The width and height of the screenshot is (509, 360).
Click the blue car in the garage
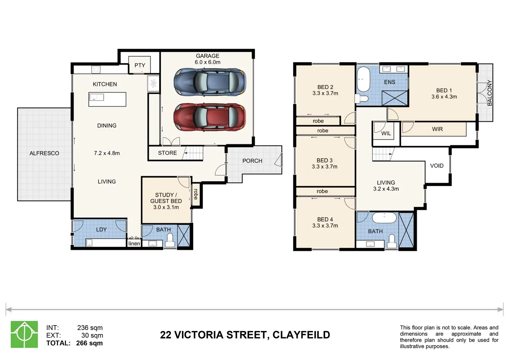[210, 82]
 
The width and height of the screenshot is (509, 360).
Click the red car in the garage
[210, 117]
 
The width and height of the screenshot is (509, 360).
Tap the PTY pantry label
[140, 65]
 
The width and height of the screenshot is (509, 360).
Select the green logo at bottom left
[24, 334]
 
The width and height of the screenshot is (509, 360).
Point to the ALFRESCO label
[44, 153]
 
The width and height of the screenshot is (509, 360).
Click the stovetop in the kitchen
[96, 70]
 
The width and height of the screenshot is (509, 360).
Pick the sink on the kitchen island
[96, 97]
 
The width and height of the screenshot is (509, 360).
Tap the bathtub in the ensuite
[363, 79]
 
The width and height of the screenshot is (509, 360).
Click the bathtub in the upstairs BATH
[384, 218]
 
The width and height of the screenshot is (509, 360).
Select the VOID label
[437, 166]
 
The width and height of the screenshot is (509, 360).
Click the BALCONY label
[490, 93]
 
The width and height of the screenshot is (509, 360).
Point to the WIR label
[437, 129]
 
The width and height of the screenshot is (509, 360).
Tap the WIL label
[386, 133]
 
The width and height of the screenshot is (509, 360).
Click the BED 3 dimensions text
[324, 167]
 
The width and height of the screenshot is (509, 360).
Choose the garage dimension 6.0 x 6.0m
[207, 62]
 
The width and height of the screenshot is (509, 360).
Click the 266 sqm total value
[89, 343]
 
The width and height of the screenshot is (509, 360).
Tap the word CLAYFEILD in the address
[301, 335]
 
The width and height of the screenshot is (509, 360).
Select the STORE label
[167, 153]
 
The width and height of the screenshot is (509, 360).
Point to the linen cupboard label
[134, 244]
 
